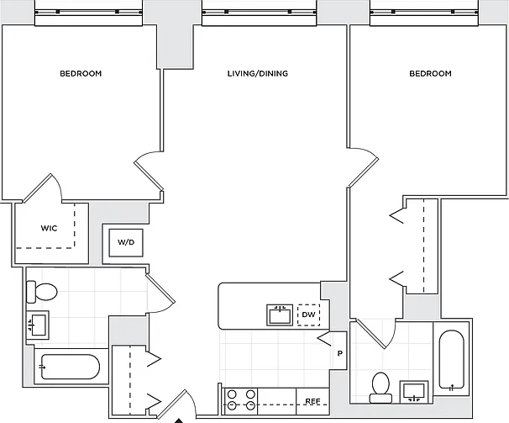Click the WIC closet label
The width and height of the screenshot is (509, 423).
pos(49,228)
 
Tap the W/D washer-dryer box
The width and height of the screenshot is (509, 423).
pos(126,242)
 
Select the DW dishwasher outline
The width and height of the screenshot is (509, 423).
pos(309,315)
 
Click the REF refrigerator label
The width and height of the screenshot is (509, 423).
pos(313,401)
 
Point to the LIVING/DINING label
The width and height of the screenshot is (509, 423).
pos(258,73)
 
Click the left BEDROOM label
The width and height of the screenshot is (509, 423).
pos(81,73)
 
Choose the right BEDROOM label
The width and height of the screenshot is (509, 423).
pos(430,73)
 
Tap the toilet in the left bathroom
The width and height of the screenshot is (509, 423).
pos(42,292)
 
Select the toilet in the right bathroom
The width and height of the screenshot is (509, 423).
pos(380,388)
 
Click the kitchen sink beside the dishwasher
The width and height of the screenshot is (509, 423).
pos(280,315)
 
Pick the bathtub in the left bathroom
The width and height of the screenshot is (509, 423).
pos(70,367)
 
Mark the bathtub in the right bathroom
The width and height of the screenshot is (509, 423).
pos(451,359)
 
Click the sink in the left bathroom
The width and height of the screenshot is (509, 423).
pos(37,325)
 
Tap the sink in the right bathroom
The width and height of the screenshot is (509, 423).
pos(414,392)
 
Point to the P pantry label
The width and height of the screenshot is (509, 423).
pos(340,353)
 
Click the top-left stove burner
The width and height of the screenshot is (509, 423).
pos(232,394)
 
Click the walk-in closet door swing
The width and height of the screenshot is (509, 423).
pos(42,188)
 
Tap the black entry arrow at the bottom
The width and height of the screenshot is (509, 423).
pos(179,421)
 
